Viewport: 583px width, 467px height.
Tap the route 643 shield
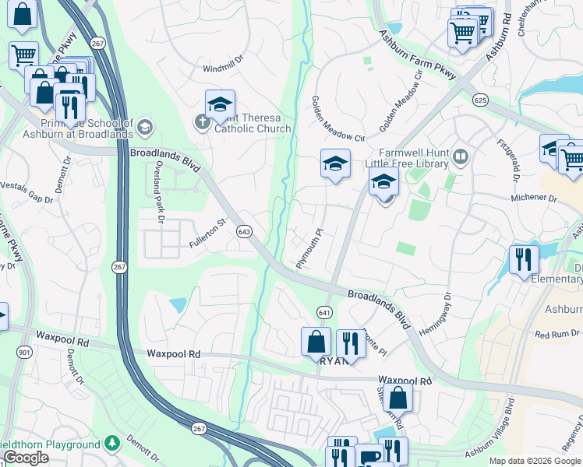click(x=245, y=232)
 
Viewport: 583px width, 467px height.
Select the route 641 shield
click(x=324, y=312)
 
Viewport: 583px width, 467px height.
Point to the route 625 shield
click(x=480, y=100)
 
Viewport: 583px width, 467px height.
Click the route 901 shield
click(x=24, y=353)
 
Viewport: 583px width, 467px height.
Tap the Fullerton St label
click(x=207, y=233)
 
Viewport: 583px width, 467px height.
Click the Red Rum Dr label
click(x=557, y=334)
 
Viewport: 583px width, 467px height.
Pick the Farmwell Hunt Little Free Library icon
click(x=461, y=158)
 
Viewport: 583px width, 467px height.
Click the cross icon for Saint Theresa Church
click(x=202, y=122)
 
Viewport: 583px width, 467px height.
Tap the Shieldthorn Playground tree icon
click(x=111, y=444)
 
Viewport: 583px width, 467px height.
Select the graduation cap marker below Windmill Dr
click(x=221, y=105)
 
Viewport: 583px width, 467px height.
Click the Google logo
click(x=26, y=458)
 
